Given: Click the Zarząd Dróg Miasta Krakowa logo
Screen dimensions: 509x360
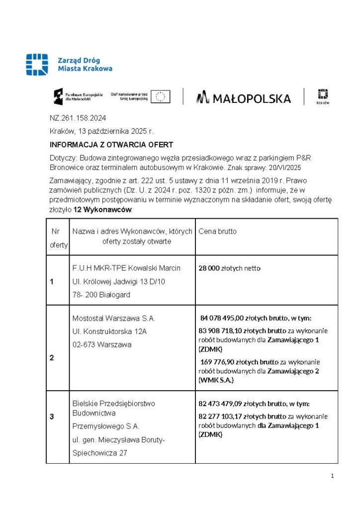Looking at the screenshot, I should (x=69, y=65).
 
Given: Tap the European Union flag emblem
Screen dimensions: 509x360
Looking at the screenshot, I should (x=160, y=96).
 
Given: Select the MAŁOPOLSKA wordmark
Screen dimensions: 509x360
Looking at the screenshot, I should (x=244, y=98).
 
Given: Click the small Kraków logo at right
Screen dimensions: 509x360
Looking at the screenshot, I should (x=323, y=96).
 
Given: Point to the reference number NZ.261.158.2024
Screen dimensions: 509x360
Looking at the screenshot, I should (x=78, y=118).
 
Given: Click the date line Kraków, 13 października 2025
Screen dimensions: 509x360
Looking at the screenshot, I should (x=101, y=131).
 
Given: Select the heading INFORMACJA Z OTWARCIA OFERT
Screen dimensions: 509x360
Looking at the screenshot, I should (x=111, y=145).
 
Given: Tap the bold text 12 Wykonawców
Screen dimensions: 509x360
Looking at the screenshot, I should (x=102, y=210).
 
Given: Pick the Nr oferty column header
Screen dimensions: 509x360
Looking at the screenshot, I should (x=58, y=238).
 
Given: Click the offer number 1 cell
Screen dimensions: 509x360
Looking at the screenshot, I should (x=52, y=282).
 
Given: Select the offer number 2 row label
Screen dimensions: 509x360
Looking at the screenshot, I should (x=52, y=357).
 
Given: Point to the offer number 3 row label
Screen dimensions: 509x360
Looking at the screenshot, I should (x=52, y=417).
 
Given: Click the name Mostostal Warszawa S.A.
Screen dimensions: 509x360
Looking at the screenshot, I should (x=114, y=318).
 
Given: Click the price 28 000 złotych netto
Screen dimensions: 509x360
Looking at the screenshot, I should (x=229, y=268).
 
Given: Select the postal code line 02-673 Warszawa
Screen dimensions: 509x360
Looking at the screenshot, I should (x=102, y=344).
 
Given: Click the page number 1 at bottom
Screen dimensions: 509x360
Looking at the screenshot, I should (x=332, y=476).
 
